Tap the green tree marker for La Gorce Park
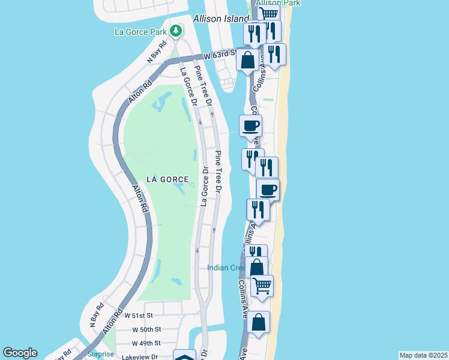point(176,30)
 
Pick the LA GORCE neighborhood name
point(167,179)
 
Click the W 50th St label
point(146,329)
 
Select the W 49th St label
point(146,343)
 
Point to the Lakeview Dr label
point(139,356)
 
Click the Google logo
point(20,353)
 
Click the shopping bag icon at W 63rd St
point(248,59)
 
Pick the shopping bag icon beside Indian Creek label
point(256,267)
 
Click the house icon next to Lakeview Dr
point(184,356)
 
